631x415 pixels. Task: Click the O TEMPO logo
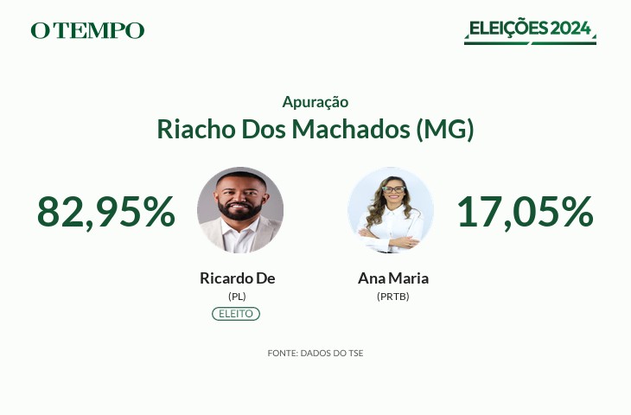pyautogui.click(x=87, y=30)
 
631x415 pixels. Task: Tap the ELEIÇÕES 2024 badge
pyautogui.click(x=530, y=30)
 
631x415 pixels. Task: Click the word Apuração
pyautogui.click(x=315, y=102)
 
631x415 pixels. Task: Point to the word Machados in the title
pyautogui.click(x=351, y=129)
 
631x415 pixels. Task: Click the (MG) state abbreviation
pyautogui.click(x=445, y=130)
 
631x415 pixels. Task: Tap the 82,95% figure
pyautogui.click(x=106, y=212)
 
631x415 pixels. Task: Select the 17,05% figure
pyautogui.click(x=526, y=212)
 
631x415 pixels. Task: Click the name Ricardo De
pyautogui.click(x=238, y=278)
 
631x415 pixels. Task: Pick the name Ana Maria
pyautogui.click(x=393, y=278)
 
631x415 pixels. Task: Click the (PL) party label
pyautogui.click(x=237, y=297)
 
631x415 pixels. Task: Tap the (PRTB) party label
pyautogui.click(x=392, y=297)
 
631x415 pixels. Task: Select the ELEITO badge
pyautogui.click(x=236, y=314)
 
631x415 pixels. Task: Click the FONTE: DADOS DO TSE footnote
pyautogui.click(x=315, y=353)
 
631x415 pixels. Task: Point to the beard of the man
pyautogui.click(x=239, y=210)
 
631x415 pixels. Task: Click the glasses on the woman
pyautogui.click(x=393, y=189)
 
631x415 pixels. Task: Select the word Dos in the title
pyautogui.click(x=263, y=129)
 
